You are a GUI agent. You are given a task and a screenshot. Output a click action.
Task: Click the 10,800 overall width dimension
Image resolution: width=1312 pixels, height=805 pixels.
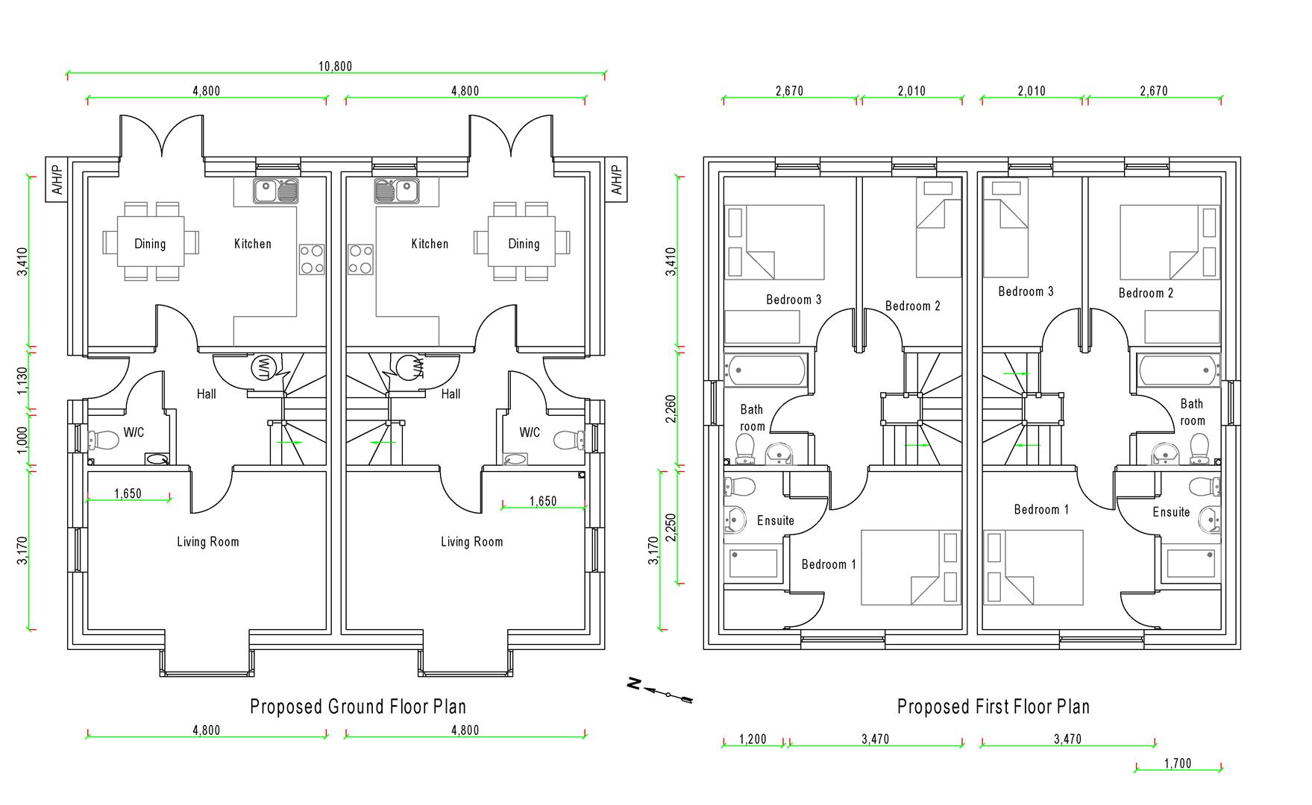335,66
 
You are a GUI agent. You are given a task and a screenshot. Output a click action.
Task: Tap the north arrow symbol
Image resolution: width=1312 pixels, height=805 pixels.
661,692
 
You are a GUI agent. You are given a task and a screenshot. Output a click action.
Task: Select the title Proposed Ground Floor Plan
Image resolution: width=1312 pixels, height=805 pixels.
358,707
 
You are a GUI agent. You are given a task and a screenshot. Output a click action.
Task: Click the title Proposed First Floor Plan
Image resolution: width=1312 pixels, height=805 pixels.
993,707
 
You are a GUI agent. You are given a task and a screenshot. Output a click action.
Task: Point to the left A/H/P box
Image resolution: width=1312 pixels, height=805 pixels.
57,180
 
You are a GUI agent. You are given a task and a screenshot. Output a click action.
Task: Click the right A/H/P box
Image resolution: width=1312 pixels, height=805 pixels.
616,180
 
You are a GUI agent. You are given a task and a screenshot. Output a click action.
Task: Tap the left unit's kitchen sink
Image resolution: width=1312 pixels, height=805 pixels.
276,192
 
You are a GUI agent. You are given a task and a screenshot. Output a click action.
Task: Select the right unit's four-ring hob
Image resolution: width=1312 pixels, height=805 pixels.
360,260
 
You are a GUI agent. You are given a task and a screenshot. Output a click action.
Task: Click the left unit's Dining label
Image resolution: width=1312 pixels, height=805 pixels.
150,244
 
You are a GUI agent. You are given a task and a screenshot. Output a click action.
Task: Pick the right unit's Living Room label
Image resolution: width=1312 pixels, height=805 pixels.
471,542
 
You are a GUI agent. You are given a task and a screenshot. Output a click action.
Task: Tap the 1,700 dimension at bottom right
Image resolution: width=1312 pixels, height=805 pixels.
1178,763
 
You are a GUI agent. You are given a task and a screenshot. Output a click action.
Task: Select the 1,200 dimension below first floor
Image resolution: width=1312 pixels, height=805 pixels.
753,739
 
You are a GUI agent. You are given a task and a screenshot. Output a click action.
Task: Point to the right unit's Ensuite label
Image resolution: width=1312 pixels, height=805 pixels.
1171,512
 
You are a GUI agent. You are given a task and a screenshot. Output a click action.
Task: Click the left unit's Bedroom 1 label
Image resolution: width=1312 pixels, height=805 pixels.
829,564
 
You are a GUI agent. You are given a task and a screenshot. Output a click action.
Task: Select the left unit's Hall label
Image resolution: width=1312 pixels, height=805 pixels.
207,394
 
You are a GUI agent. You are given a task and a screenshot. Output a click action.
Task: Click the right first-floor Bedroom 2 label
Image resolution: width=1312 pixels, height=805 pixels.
1146,293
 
